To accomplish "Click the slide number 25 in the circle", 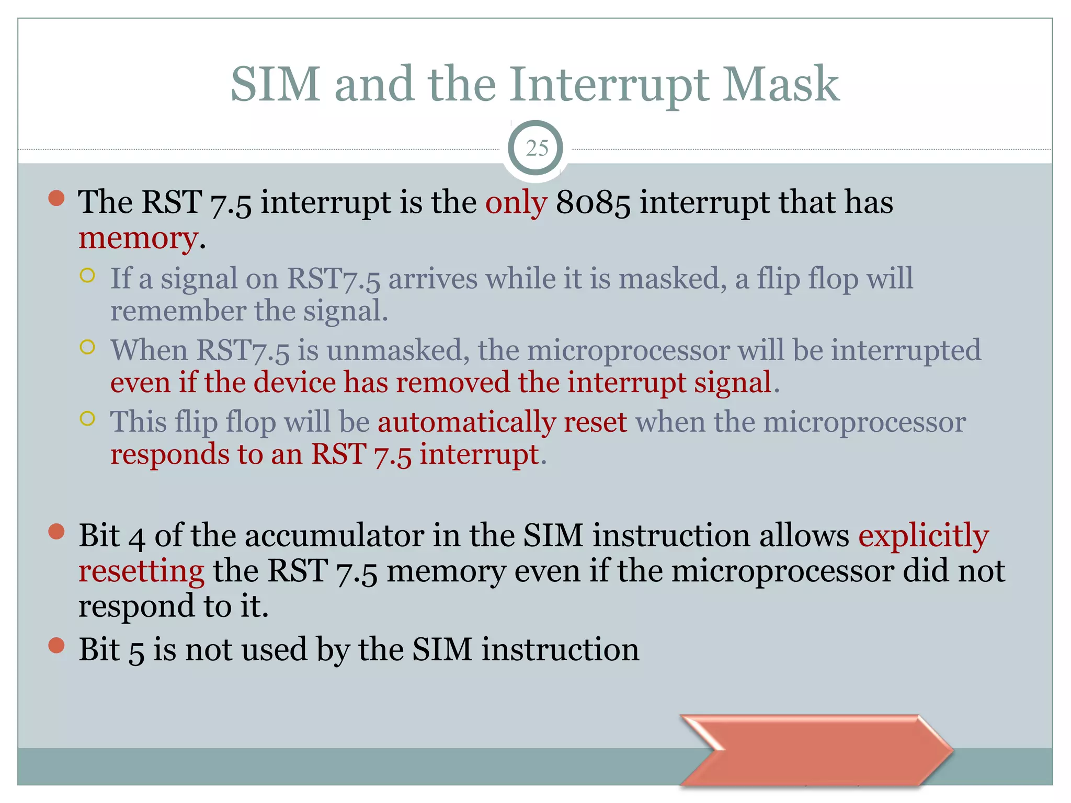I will click(x=537, y=148).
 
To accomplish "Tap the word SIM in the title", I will click(x=275, y=85).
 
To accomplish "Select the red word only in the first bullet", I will click(x=516, y=203).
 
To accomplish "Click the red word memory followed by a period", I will click(x=138, y=238).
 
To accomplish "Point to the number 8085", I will click(x=593, y=203).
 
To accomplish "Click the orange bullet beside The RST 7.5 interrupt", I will click(x=56, y=198).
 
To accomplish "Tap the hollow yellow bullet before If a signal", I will click(x=88, y=275).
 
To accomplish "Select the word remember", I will click(x=177, y=311).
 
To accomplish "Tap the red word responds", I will click(x=169, y=454).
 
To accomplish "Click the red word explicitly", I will click(x=923, y=536).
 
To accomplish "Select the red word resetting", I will click(x=141, y=571).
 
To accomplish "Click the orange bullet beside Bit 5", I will click(x=56, y=646).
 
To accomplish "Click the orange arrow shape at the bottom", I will click(x=816, y=750).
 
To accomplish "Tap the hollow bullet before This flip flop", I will click(x=88, y=418).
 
